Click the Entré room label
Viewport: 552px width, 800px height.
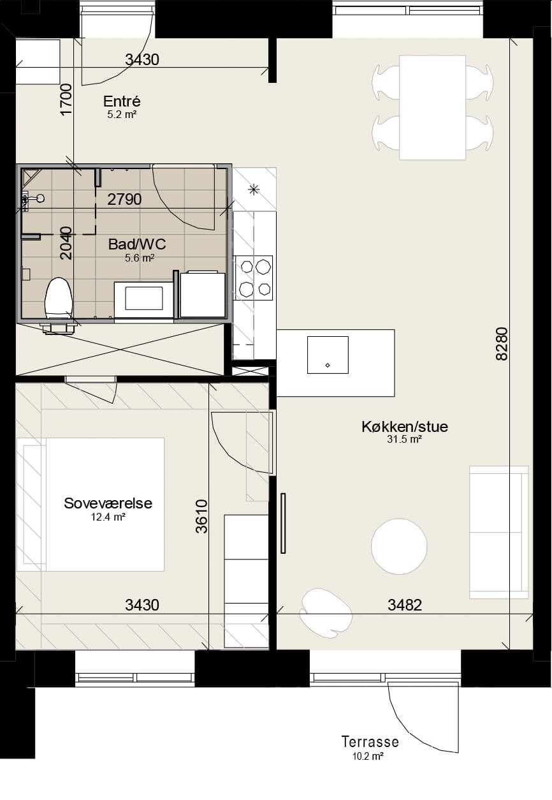click(122, 101)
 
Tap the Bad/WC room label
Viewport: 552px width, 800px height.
click(137, 244)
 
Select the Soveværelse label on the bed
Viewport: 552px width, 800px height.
click(108, 503)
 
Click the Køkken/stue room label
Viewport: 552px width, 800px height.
click(405, 427)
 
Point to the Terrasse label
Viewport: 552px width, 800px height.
click(370, 742)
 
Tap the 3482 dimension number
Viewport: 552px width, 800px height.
click(405, 605)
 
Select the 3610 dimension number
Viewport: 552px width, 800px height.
click(201, 517)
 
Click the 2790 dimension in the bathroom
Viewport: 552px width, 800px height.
click(124, 199)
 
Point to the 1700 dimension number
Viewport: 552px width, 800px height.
click(66, 100)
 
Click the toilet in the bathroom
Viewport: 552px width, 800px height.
click(59, 298)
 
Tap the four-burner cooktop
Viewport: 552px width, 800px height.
click(253, 278)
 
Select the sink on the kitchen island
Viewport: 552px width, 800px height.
click(328, 355)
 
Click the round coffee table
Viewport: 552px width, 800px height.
click(399, 547)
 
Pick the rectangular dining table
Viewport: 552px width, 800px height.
click(432, 108)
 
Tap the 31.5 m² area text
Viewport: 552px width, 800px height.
click(405, 440)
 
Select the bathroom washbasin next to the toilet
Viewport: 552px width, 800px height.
click(144, 300)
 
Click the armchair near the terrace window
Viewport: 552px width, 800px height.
click(326, 613)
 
